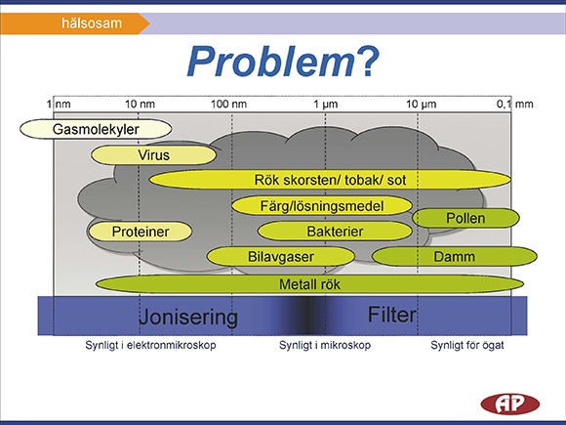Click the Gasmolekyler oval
pyautogui.click(x=96, y=129)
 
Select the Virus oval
pyautogui.click(x=154, y=155)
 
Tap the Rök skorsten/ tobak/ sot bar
pyautogui.click(x=330, y=180)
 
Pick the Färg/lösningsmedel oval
pyautogui.click(x=322, y=205)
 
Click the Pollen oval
pyautogui.click(x=465, y=218)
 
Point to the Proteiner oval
pyautogui.click(x=141, y=232)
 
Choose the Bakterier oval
pyautogui.click(x=335, y=232)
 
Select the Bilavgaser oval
pyautogui.click(x=281, y=257)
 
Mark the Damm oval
pyautogui.click(x=455, y=257)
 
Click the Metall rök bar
pyautogui.click(x=309, y=284)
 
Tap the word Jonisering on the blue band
pyautogui.click(x=188, y=317)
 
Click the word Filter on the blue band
pyautogui.click(x=392, y=315)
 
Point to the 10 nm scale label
pyautogui.click(x=141, y=105)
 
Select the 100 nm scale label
pyautogui.click(x=229, y=105)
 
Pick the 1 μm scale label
pyautogui.click(x=326, y=105)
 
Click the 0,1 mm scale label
pyautogui.click(x=514, y=105)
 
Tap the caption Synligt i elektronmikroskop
pyautogui.click(x=150, y=345)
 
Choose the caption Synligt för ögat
pyautogui.click(x=467, y=345)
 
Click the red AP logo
pyautogui.click(x=510, y=404)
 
